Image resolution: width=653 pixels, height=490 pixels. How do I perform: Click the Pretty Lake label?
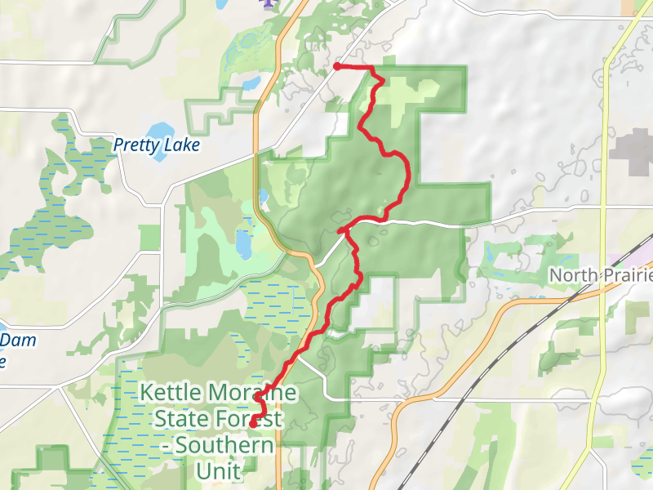156,145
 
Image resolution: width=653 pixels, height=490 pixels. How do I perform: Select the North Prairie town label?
600,274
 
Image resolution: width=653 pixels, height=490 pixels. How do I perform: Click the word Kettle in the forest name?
169,392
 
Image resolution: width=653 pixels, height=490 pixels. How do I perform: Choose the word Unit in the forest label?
218,471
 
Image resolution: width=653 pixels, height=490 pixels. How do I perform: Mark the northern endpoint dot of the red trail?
337,66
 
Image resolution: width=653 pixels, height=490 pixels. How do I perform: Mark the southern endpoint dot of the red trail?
253,423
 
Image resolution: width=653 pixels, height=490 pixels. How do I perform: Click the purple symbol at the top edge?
264,3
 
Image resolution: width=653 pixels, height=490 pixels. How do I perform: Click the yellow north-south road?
604,163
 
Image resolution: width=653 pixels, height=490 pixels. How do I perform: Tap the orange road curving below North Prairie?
457,343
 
